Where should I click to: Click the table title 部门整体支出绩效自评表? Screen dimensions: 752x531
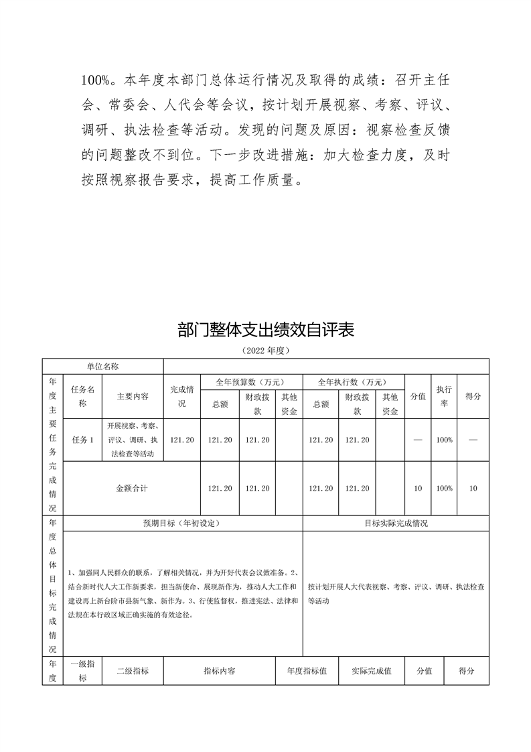point(265,330)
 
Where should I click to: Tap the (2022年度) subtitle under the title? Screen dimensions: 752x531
point(265,351)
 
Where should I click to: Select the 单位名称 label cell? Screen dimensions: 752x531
point(102,366)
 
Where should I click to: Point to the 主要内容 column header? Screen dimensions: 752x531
point(133,397)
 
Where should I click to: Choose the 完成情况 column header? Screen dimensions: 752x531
point(182,397)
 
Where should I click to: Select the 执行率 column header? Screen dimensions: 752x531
point(444,397)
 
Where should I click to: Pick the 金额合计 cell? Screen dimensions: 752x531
point(132,489)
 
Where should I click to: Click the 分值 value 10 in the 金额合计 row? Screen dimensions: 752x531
point(418,489)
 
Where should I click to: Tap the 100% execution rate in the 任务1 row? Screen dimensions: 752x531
point(444,440)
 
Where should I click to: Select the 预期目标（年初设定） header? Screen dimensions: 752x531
point(182,523)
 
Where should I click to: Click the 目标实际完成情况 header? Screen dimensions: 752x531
point(396,523)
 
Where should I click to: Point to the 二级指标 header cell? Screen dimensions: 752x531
point(133,671)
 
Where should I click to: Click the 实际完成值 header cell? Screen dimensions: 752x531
point(371,671)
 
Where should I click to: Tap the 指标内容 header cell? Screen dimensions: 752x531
point(219,671)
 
